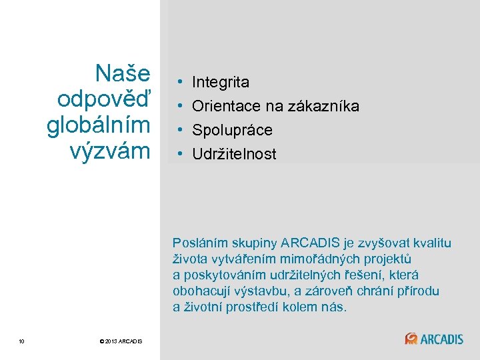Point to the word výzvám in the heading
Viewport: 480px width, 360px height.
(x=110, y=151)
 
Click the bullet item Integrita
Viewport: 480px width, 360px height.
(x=221, y=83)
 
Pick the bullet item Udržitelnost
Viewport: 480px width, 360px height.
(x=234, y=155)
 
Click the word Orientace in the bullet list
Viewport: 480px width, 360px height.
(x=223, y=106)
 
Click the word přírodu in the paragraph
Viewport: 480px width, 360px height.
(x=417, y=291)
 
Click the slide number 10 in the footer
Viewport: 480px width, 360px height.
(x=22, y=342)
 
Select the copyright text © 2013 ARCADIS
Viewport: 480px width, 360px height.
(x=121, y=342)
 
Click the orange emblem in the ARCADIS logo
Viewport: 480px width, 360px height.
(x=411, y=339)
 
